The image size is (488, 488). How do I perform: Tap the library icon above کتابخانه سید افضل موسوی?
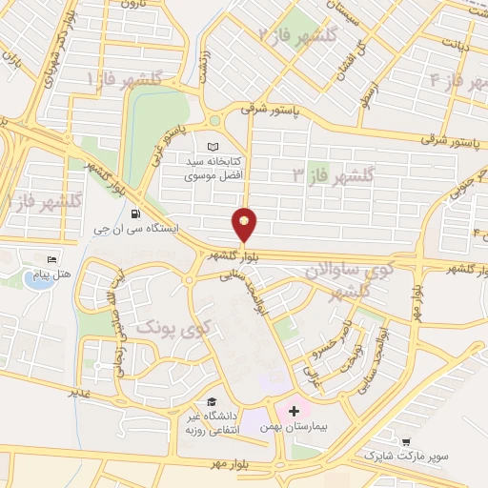[212, 147]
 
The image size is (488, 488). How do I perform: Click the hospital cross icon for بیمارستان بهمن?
[295, 410]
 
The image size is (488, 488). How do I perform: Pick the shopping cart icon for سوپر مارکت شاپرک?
[406, 442]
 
